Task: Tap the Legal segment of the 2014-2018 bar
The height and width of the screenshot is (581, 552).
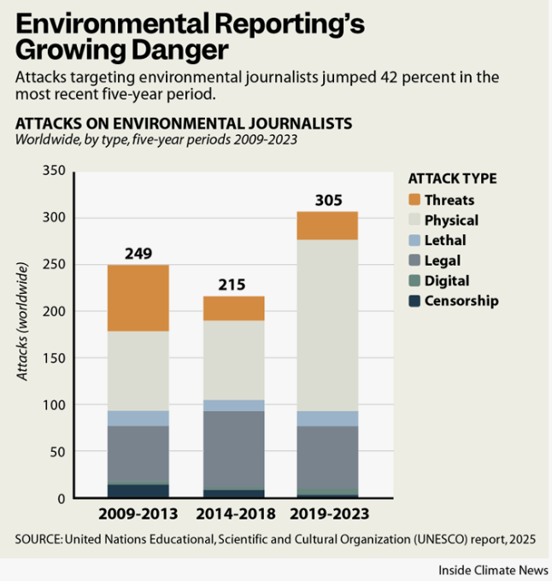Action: click(233, 449)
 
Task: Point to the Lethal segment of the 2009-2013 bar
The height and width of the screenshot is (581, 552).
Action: click(138, 418)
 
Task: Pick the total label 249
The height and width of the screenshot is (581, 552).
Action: click(138, 254)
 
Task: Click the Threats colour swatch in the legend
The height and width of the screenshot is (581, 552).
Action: click(414, 200)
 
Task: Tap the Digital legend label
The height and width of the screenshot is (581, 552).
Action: click(446, 280)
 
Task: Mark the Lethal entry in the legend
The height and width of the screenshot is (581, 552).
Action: click(444, 240)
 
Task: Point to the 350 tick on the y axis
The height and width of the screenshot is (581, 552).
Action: click(53, 172)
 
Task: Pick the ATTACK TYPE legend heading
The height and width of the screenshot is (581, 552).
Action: click(452, 179)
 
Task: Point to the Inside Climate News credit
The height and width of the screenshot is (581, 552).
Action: click(494, 569)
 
